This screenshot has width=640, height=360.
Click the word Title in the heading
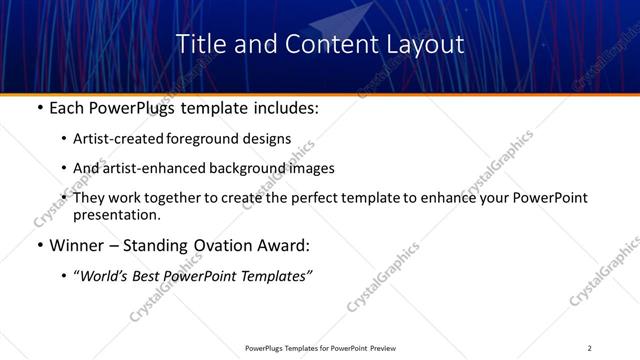(x=197, y=45)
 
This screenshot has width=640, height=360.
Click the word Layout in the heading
(x=427, y=45)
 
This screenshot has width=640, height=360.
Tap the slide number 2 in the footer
(x=589, y=347)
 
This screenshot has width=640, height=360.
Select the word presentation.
(x=116, y=215)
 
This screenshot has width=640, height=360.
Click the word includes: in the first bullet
(x=283, y=107)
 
